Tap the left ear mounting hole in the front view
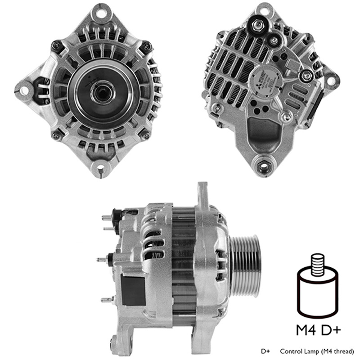click(x=24, y=90)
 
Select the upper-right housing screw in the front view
click(x=146, y=46)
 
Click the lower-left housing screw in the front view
click(x=56, y=135)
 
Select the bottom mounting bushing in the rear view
click(x=263, y=166)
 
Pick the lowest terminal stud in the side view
click(x=106, y=299)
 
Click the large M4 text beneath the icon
click(x=306, y=330)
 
